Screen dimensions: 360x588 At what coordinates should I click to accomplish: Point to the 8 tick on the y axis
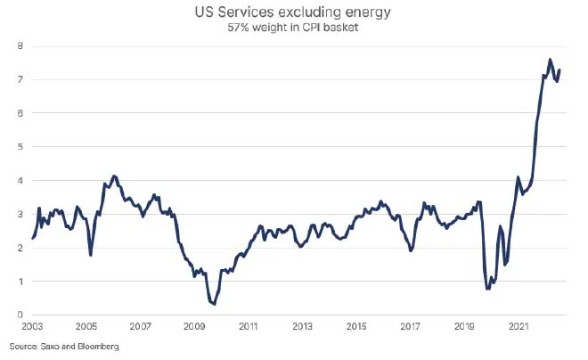[20, 45]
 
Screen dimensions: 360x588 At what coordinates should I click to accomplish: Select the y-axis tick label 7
[20, 79]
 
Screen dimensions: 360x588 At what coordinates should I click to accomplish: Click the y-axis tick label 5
[20, 146]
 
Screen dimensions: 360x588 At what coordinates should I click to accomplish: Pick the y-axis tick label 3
[20, 214]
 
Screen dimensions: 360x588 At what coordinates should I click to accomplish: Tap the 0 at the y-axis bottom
[20, 315]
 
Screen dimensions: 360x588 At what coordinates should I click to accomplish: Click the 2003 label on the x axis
[32, 327]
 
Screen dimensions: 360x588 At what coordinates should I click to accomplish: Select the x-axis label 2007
[141, 327]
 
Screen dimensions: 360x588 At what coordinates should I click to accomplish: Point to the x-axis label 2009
[195, 327]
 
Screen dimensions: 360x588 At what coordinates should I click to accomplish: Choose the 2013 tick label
[304, 327]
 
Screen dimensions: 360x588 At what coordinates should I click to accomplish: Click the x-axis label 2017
[412, 327]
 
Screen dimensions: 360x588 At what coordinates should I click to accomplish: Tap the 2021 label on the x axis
[521, 327]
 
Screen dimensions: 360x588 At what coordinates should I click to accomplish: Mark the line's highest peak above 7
[550, 60]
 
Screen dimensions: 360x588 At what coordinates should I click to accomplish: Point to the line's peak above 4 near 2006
[113, 176]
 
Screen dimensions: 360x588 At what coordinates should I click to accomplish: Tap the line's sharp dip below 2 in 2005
[91, 255]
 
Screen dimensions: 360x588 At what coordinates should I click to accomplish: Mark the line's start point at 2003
[32, 238]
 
